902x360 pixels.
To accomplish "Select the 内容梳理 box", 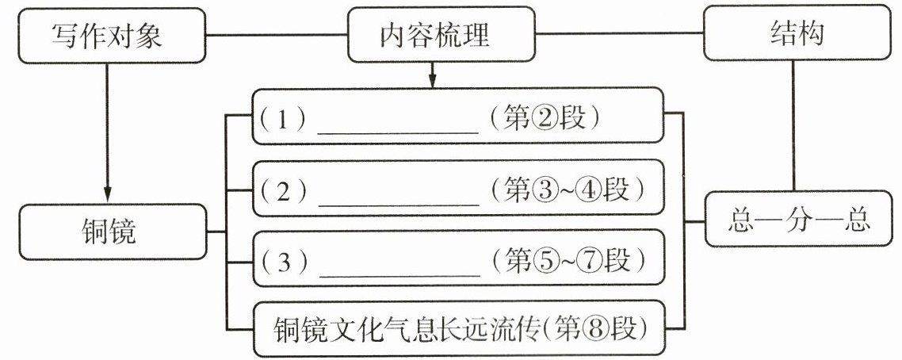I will click(x=433, y=35).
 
